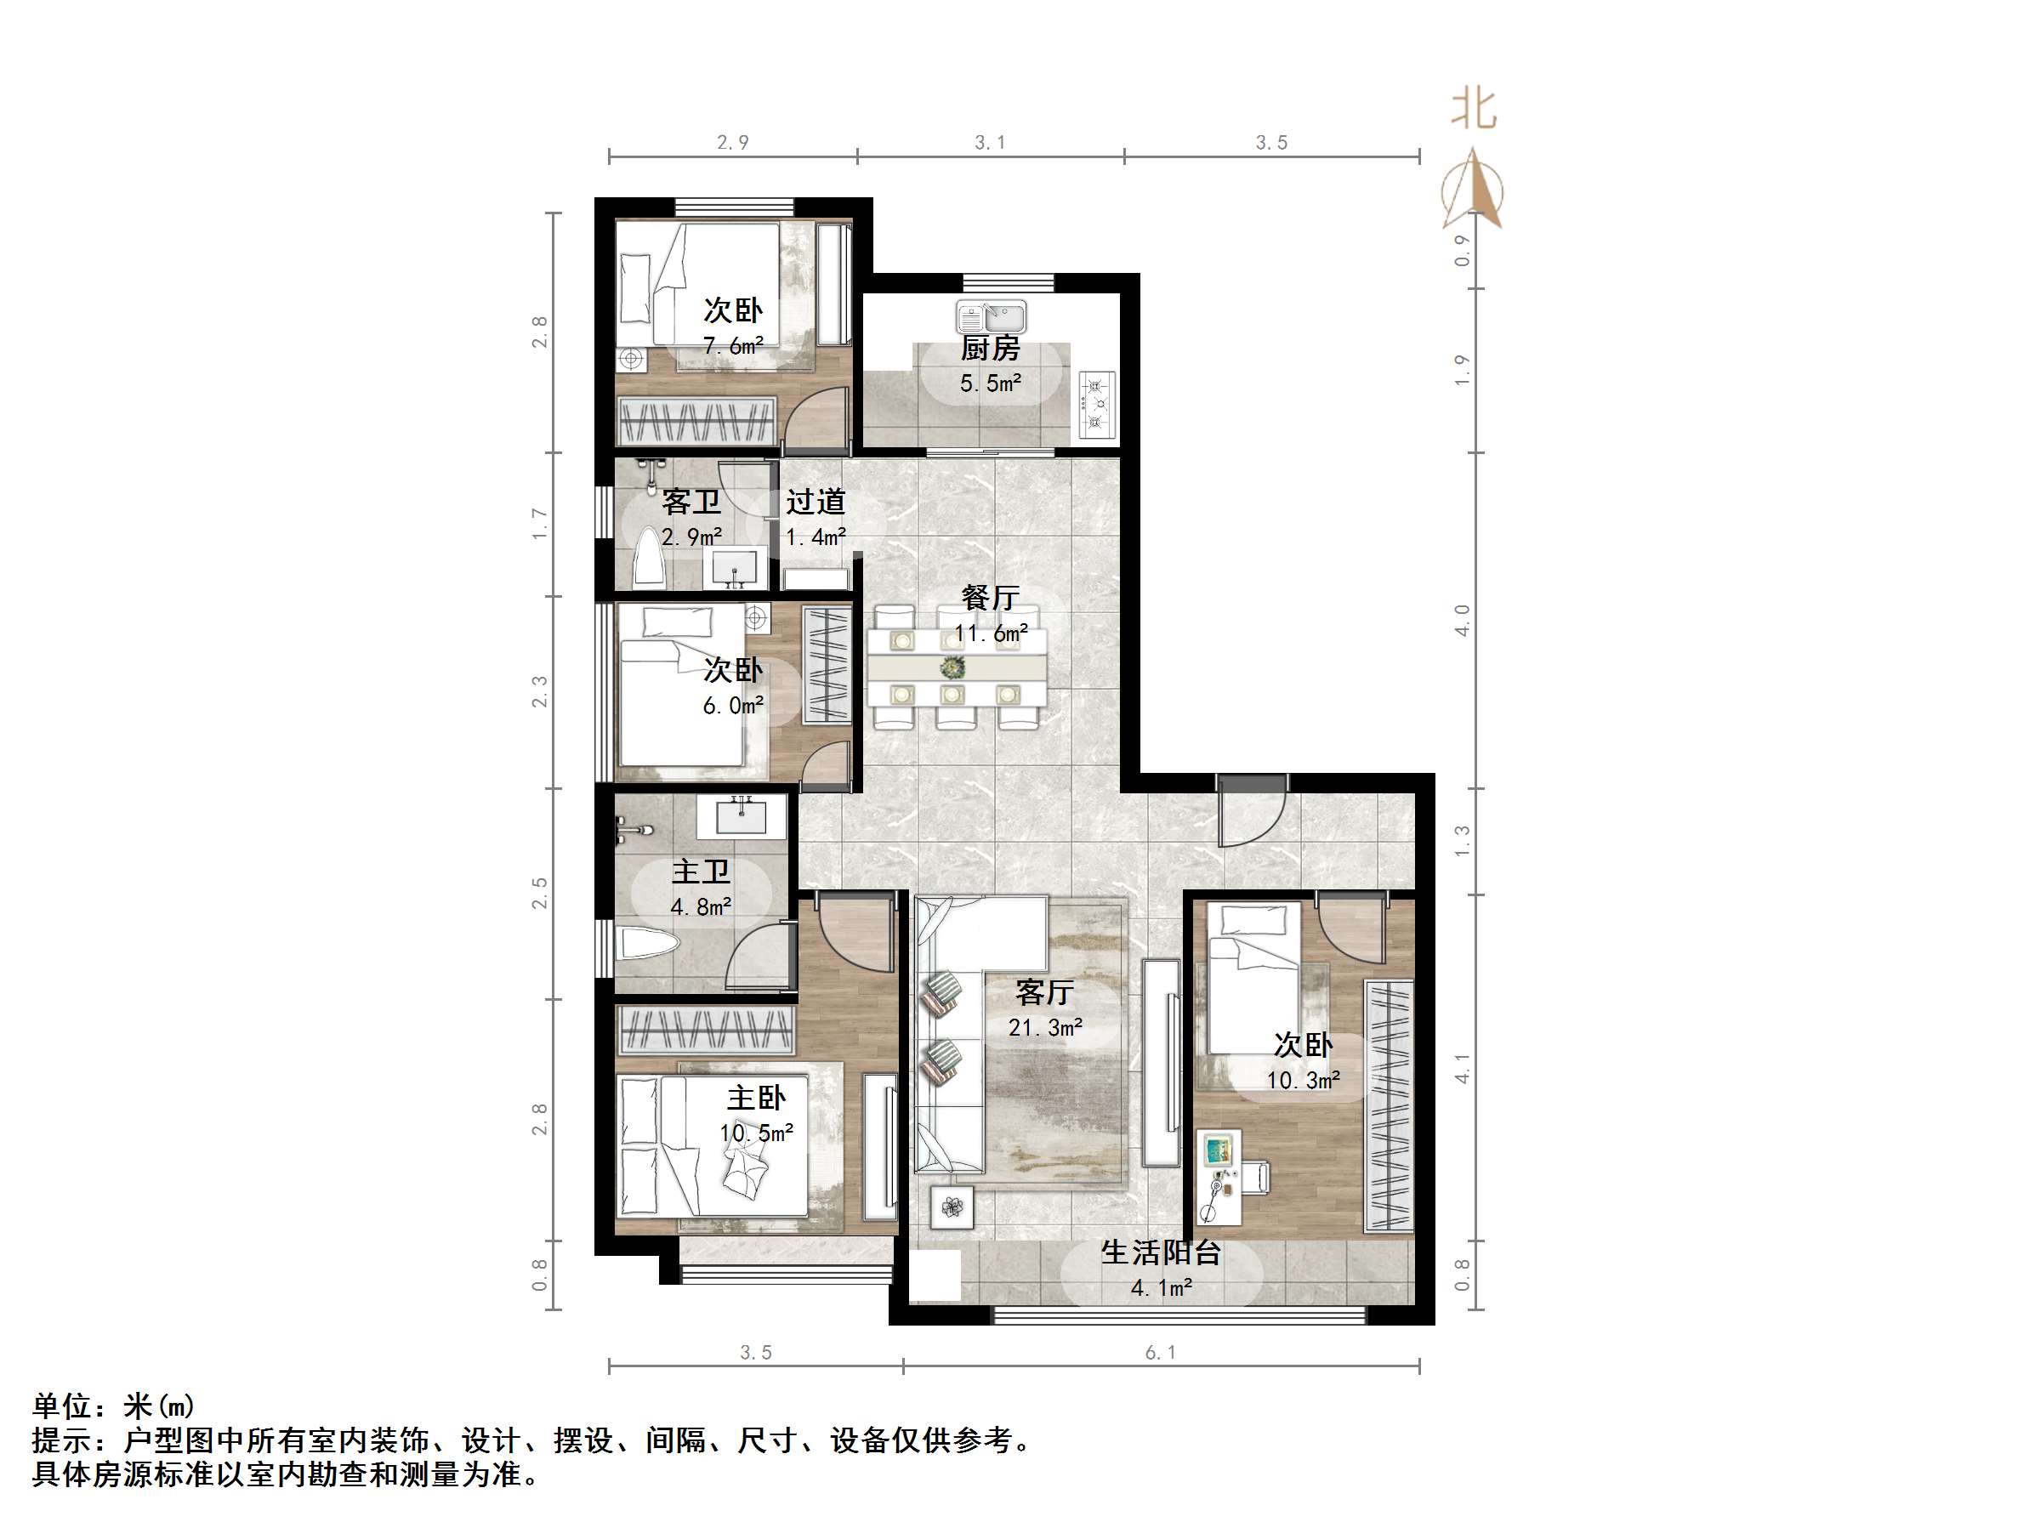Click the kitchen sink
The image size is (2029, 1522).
(991, 316)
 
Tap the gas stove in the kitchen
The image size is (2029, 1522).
(1096, 403)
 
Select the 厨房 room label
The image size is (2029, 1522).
(990, 349)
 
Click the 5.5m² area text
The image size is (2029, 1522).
(991, 383)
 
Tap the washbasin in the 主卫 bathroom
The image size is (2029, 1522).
(742, 815)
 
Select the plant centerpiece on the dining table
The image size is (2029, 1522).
(953, 666)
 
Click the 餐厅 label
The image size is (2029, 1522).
(990, 598)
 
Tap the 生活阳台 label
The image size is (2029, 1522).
(1161, 1253)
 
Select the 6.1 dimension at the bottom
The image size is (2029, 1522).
(1161, 1353)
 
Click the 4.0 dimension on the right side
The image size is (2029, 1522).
(1462, 620)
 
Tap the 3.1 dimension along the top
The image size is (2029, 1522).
(990, 142)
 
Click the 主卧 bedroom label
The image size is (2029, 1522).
(756, 1099)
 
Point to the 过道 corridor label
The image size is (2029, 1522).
(816, 502)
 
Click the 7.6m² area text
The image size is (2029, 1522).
(733, 346)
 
